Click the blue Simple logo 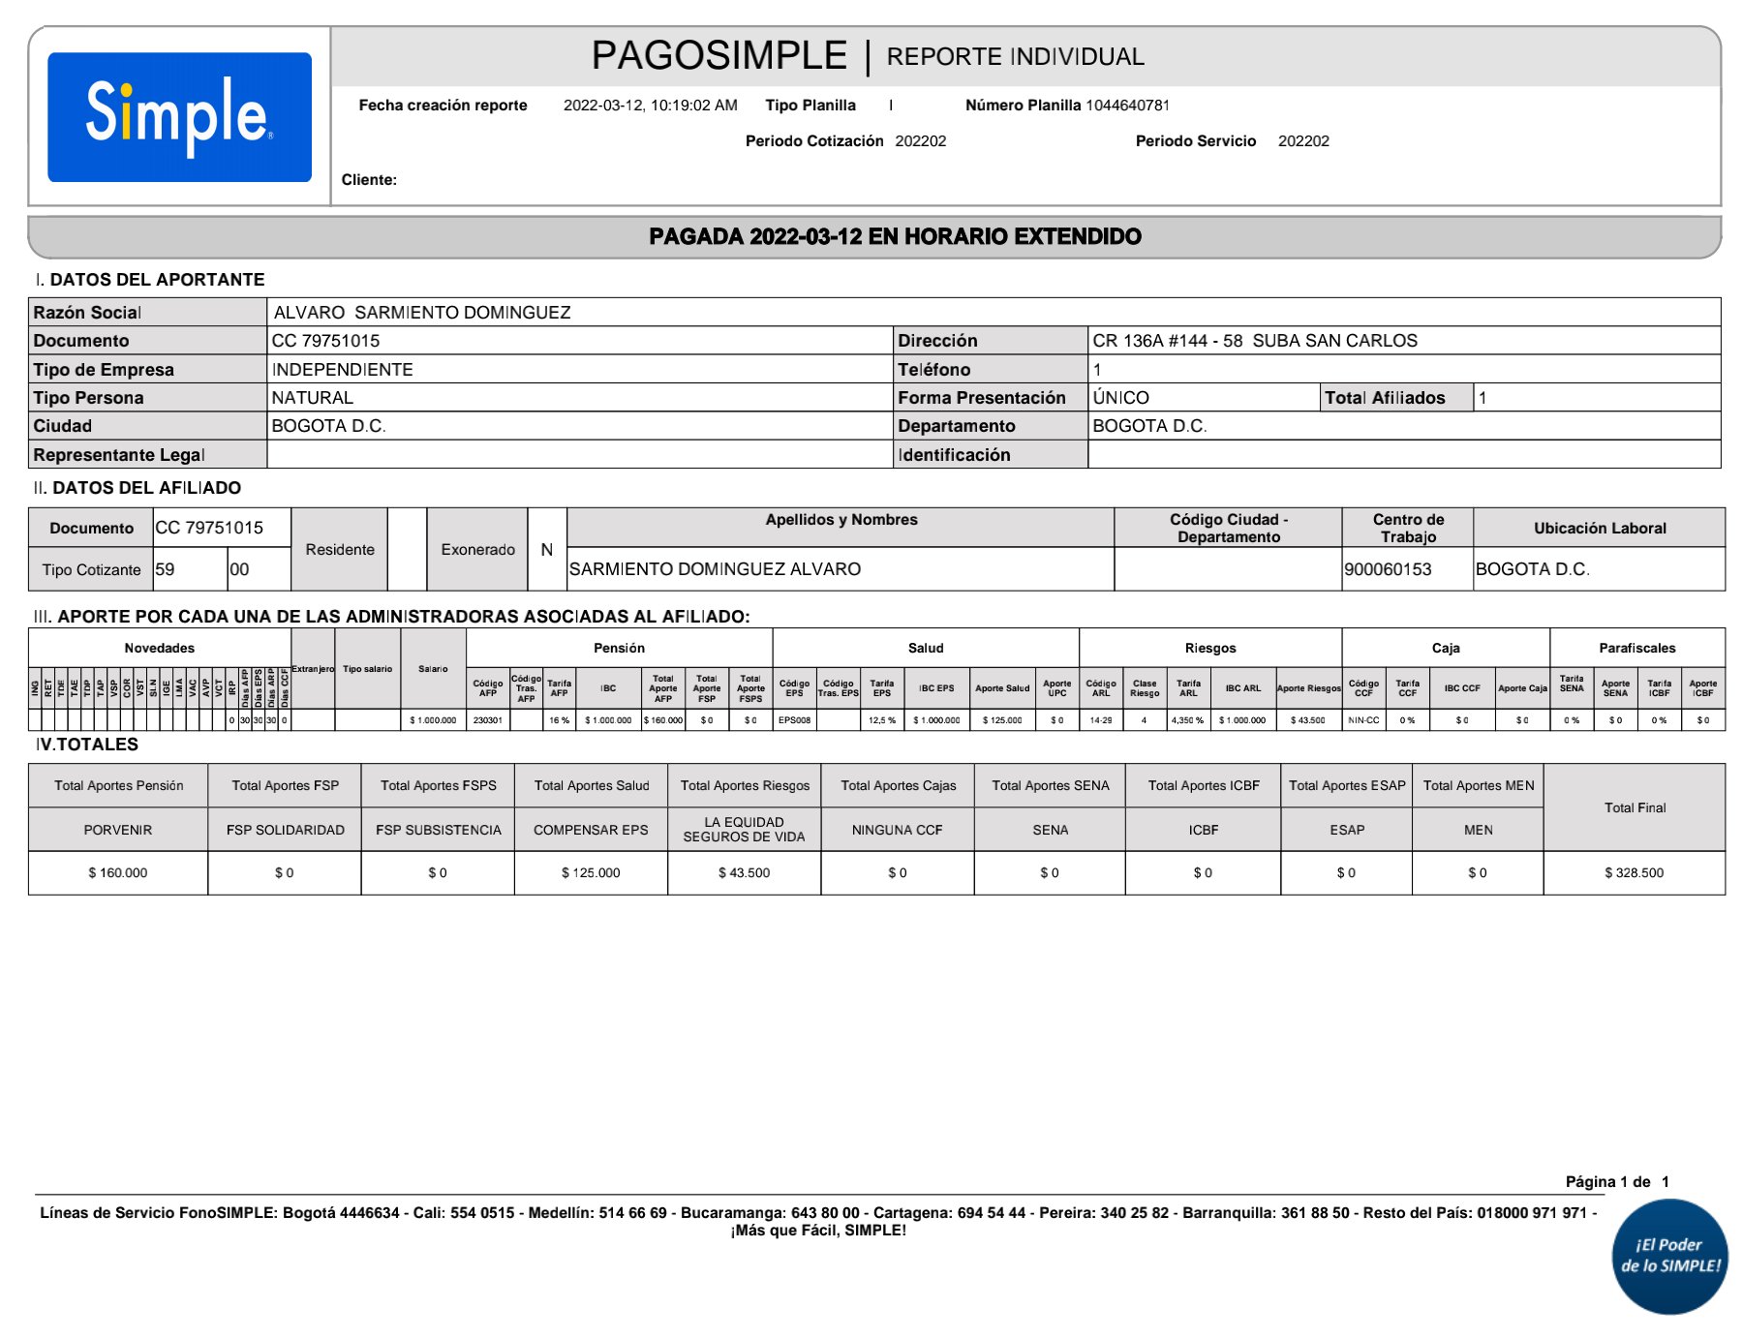click(179, 117)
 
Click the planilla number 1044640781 click(1127, 106)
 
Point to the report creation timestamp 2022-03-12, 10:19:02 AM click(650, 106)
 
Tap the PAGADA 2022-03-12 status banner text click(895, 236)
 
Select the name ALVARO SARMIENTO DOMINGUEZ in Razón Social click(422, 313)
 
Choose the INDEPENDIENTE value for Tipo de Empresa click(342, 370)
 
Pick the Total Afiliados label click(1384, 398)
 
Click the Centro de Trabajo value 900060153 click(1387, 569)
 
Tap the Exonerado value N click(546, 550)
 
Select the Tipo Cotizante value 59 click(166, 569)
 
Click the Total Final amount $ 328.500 click(1634, 873)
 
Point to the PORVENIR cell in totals click(118, 830)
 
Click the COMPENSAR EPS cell click(591, 830)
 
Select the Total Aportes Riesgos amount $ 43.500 click(744, 873)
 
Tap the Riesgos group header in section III click(1209, 648)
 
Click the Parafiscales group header click(1636, 648)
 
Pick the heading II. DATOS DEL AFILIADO click(138, 488)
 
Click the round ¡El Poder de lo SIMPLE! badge click(1669, 1256)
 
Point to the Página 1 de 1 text click(1616, 1181)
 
